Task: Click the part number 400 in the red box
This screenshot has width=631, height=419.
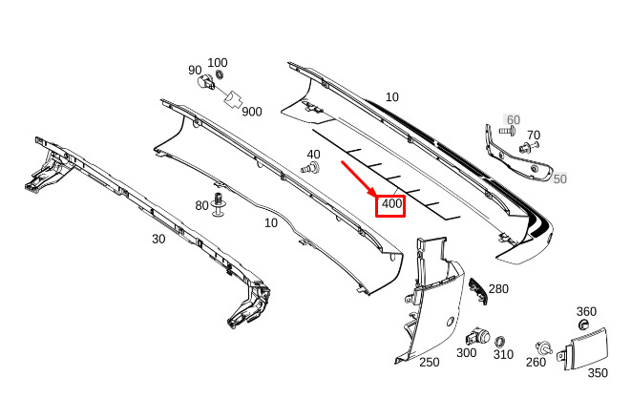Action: coord(391,204)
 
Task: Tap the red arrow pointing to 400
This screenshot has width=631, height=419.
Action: coord(359,179)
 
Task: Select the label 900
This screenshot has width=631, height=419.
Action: coord(252,112)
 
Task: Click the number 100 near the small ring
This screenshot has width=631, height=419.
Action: coord(218,63)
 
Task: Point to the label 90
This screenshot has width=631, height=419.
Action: coord(195,71)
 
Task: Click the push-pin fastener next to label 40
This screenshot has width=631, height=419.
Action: coord(310,167)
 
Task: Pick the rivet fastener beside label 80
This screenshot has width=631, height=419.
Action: coord(218,203)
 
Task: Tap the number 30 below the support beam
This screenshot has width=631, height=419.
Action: coord(158,239)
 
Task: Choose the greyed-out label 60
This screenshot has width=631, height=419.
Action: coord(513,119)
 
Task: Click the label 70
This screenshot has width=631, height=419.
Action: coord(534,136)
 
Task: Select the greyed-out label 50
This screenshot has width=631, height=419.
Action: coord(559,178)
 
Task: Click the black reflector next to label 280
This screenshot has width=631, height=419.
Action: coord(477,290)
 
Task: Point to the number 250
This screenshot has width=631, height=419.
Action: coord(430,363)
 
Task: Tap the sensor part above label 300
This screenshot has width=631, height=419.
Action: coord(477,336)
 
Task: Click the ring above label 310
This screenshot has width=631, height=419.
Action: coord(500,342)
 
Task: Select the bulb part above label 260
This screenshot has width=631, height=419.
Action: coord(544,347)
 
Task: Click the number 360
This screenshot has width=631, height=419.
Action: coord(586,311)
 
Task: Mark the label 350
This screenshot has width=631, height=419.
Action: coord(598,373)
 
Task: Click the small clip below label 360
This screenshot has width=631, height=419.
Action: coord(583,325)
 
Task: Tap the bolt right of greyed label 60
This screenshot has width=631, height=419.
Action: coord(507,131)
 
